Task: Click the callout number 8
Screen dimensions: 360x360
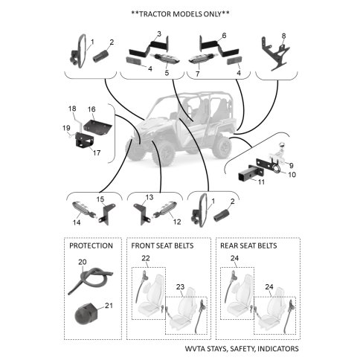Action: pos(283,36)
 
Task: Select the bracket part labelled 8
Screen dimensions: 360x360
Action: pos(275,54)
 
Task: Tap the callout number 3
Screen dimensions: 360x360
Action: pos(159,33)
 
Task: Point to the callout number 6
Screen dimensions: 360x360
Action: pos(224,36)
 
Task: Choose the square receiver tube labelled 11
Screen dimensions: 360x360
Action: pos(245,175)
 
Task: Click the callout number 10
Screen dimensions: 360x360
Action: pos(292,175)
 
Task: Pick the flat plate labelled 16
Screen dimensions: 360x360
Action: pos(97,126)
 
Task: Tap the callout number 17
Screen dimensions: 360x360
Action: pos(97,152)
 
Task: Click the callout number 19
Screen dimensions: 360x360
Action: pos(66,128)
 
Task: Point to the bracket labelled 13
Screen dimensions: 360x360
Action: pos(141,213)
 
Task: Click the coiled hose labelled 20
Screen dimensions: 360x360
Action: pos(89,280)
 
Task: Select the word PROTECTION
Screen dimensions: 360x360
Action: pos(91,245)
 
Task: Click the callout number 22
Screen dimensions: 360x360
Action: pos(146,258)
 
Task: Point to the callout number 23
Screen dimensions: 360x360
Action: pos(180,287)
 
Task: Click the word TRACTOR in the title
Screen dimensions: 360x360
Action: pos(155,14)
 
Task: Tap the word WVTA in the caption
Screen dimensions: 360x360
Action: pos(195,349)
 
